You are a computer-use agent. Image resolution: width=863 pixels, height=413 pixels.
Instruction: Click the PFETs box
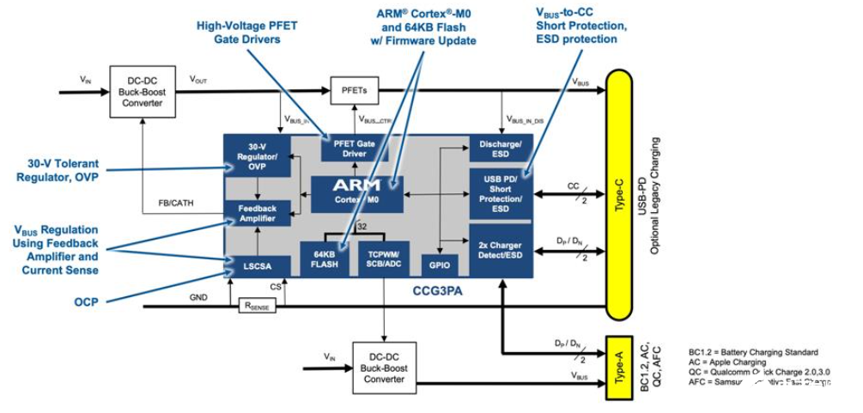[354, 88]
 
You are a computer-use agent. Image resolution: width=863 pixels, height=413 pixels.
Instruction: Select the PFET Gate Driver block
[354, 149]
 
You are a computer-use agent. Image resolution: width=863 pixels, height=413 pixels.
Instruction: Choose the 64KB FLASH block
[325, 259]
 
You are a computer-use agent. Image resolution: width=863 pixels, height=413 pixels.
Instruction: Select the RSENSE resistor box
[259, 305]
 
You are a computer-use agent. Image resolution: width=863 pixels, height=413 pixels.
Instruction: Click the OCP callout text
[86, 303]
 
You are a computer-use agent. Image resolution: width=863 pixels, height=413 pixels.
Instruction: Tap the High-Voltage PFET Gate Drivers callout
[246, 33]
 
